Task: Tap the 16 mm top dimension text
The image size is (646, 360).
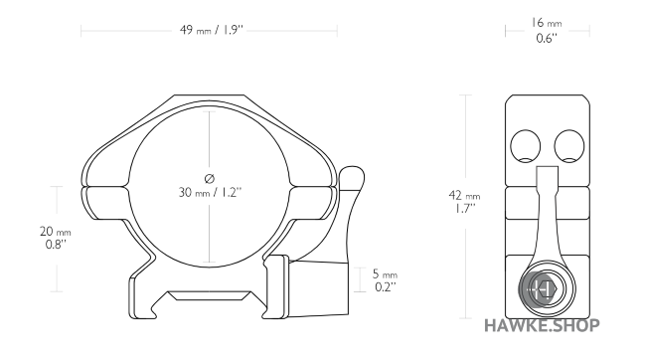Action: click(547, 21)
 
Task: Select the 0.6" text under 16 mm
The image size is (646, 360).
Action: click(547, 38)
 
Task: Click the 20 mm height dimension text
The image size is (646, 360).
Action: click(56, 231)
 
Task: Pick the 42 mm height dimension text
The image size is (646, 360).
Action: click(464, 196)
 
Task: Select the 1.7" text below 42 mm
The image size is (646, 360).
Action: click(464, 211)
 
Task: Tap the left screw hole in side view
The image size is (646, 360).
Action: click(524, 146)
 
